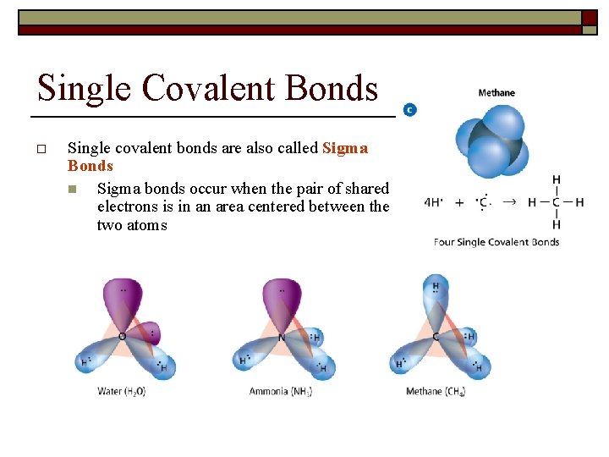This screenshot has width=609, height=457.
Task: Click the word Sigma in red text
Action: pos(345,148)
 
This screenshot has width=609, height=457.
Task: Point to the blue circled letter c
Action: pos(409,110)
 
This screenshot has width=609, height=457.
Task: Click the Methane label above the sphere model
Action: pos(497,93)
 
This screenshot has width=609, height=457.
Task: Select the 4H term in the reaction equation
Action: pos(432,202)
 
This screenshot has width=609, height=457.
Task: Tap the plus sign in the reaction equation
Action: pos(459,202)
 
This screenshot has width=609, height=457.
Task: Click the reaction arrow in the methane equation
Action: pos(508,202)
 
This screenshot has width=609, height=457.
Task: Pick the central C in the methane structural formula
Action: pos(556,202)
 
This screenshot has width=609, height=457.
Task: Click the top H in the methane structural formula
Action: pos(556,179)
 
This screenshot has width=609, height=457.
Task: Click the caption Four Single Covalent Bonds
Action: pos(497,242)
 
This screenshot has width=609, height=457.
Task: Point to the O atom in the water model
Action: pos(122,337)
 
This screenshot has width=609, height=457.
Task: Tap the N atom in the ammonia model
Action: pos(281,337)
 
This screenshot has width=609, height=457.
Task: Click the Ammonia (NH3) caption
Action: pos(281,391)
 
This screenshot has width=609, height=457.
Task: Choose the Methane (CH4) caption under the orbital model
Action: pos(436,391)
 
